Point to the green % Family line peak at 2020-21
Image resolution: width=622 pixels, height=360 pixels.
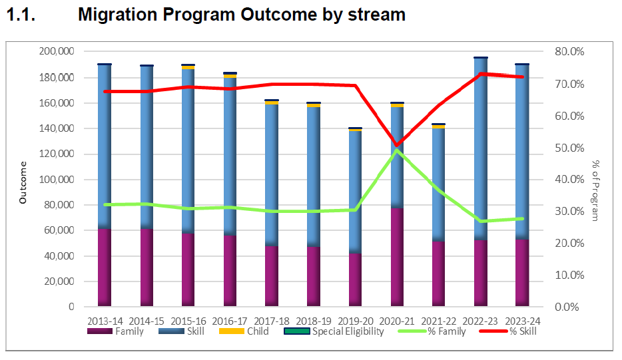397,150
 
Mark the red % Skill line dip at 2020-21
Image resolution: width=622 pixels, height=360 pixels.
397,144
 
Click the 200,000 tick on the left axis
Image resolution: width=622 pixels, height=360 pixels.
57,52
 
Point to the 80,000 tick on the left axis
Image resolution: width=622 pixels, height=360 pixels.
60,205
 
